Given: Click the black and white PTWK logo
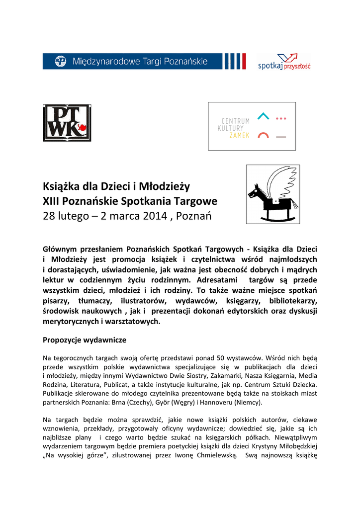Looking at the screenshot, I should [67, 123].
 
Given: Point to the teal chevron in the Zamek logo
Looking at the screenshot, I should [263, 116].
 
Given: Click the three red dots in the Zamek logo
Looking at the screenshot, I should [281, 118].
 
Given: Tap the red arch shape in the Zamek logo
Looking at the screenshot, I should [263, 135].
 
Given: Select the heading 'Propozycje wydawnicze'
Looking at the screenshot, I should [85, 340].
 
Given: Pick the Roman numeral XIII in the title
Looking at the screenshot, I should [53, 201].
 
